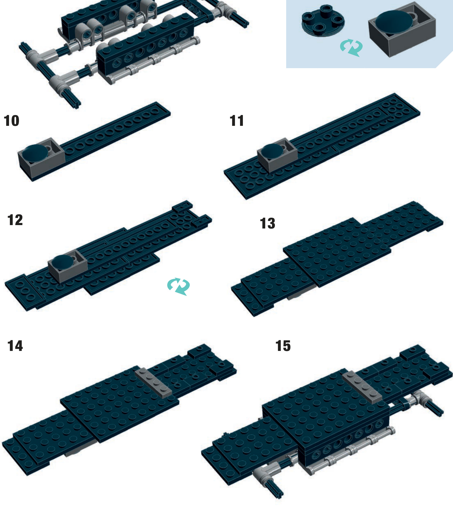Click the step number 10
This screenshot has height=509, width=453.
12,121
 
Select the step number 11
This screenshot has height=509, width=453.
237,121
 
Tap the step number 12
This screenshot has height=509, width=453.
15,220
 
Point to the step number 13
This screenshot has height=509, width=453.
268,223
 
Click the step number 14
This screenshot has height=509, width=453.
15,346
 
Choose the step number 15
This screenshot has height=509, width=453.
283,346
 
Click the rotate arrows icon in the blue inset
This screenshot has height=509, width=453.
351,48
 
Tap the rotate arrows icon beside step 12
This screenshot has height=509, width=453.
178,286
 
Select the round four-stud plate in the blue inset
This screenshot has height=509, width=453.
323,21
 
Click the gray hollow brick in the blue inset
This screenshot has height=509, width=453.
402,30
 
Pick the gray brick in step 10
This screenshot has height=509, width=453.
41,158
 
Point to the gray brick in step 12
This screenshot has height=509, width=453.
67,266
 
